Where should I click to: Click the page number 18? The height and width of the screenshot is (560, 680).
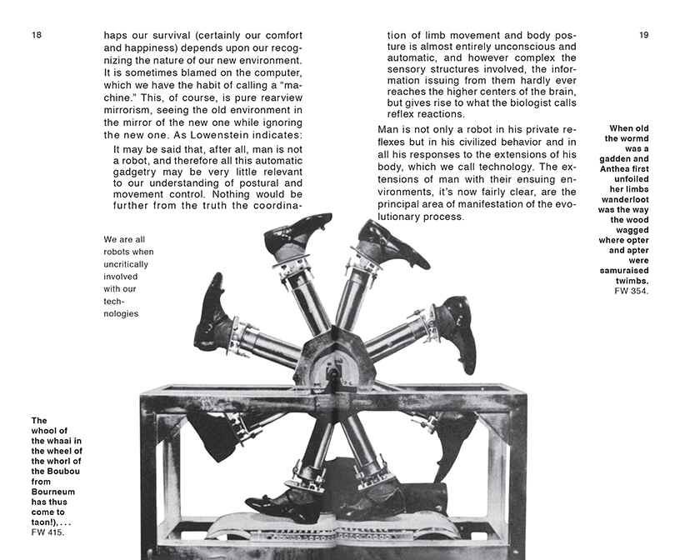37,35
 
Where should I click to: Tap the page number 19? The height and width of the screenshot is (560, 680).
643,35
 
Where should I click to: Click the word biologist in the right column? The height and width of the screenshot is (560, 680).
515,101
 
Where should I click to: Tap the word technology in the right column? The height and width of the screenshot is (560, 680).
528,167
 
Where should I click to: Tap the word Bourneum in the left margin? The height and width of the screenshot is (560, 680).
52,492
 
